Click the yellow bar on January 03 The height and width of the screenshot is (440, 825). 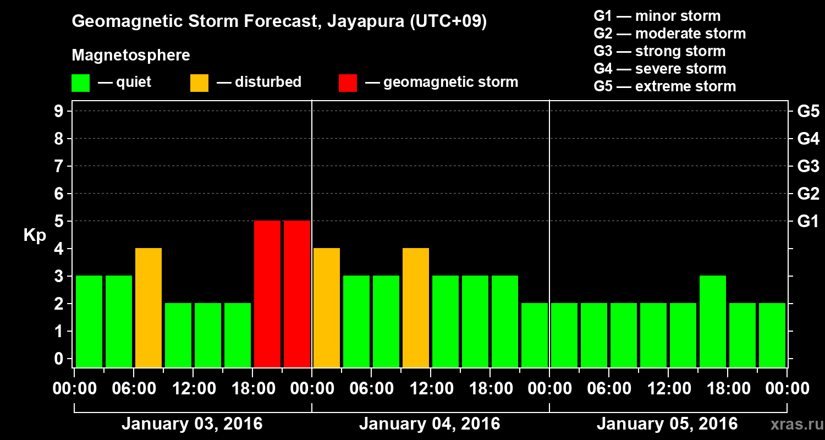click(148, 307)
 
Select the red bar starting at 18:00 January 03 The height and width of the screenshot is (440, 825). click(267, 294)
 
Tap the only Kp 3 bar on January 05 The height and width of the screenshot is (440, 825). click(713, 321)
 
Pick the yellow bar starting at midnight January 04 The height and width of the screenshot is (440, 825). click(327, 307)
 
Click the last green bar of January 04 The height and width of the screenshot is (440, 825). click(535, 335)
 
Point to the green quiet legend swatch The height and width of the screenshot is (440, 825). click(81, 82)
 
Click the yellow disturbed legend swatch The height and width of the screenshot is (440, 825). click(200, 82)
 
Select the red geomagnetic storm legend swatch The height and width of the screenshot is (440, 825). click(348, 82)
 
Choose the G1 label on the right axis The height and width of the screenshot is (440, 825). click(808, 222)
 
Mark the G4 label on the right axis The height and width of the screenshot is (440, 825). click(808, 139)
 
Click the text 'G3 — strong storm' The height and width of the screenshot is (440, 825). click(659, 51)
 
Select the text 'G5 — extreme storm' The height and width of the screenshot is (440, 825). click(664, 86)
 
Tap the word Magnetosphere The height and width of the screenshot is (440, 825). click(131, 56)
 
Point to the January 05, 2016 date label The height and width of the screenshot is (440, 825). click(667, 424)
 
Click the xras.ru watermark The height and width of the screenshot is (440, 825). click(793, 424)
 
